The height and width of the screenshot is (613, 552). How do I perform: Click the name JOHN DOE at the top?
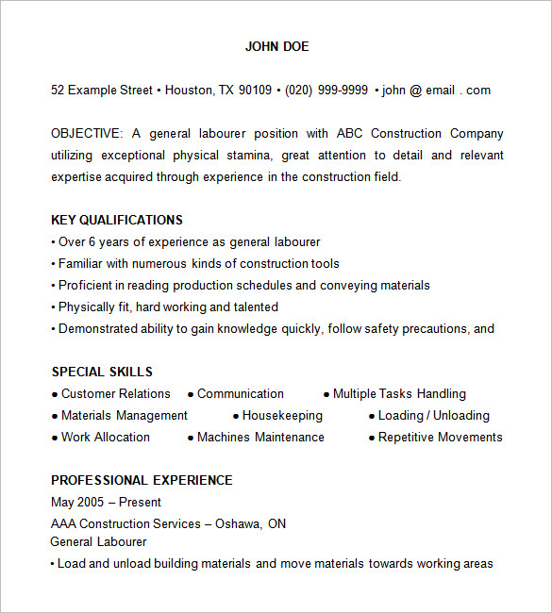pyautogui.click(x=276, y=46)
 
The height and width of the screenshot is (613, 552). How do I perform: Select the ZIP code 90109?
pyautogui.click(x=255, y=91)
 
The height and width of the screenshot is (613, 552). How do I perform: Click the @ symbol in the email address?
pyautogui.click(x=415, y=91)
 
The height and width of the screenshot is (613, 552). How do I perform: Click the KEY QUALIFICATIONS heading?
pyautogui.click(x=117, y=220)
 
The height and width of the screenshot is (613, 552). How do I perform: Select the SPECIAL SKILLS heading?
pyautogui.click(x=102, y=372)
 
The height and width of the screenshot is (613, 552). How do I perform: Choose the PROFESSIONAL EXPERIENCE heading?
pyautogui.click(x=142, y=480)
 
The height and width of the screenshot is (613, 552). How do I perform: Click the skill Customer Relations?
pyautogui.click(x=116, y=394)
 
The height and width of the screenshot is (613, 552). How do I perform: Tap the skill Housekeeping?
pyautogui.click(x=282, y=416)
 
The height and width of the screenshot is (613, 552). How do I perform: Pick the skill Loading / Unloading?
pyautogui.click(x=434, y=416)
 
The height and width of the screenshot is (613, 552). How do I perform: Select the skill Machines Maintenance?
pyautogui.click(x=260, y=438)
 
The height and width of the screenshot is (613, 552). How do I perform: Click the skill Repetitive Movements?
pyautogui.click(x=441, y=438)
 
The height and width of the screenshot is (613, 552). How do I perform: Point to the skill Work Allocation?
pyautogui.click(x=106, y=438)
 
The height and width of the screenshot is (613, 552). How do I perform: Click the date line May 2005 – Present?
pyautogui.click(x=106, y=502)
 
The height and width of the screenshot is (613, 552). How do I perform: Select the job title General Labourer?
pyautogui.click(x=98, y=542)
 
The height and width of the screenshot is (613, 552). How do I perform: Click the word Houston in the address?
pyautogui.click(x=190, y=91)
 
